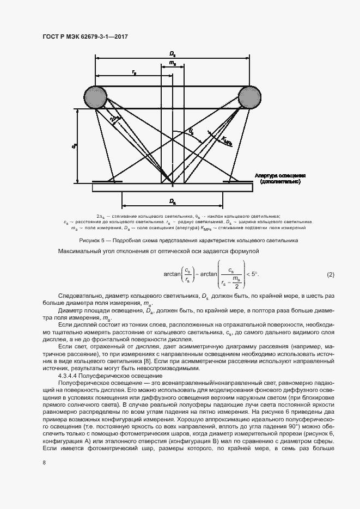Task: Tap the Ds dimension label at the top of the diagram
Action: click(172, 54)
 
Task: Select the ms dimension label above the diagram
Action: click(172, 64)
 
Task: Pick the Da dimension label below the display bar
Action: click(172, 201)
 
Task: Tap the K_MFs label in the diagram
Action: click(227, 142)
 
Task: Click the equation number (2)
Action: click(331, 273)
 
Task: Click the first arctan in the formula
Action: click(172, 273)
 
